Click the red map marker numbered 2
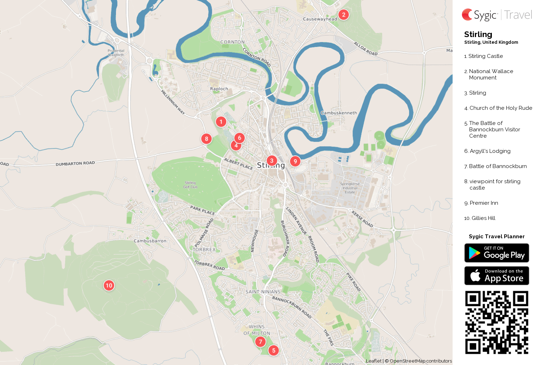tap(343, 15)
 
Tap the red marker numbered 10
tap(109, 285)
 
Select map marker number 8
tap(206, 139)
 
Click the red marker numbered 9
tap(295, 161)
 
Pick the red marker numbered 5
tap(273, 351)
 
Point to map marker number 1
tap(221, 122)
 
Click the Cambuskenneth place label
tap(339, 113)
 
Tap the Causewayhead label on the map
tap(320, 19)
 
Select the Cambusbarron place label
tap(150, 241)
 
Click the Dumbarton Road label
tap(75, 163)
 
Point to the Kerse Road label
tap(362, 219)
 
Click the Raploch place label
tap(219, 89)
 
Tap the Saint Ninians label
tap(263, 292)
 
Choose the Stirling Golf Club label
tap(190, 185)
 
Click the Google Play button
tap(496, 253)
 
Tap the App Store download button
tap(496, 275)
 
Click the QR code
tap(496, 322)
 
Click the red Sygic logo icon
tap(467, 15)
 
